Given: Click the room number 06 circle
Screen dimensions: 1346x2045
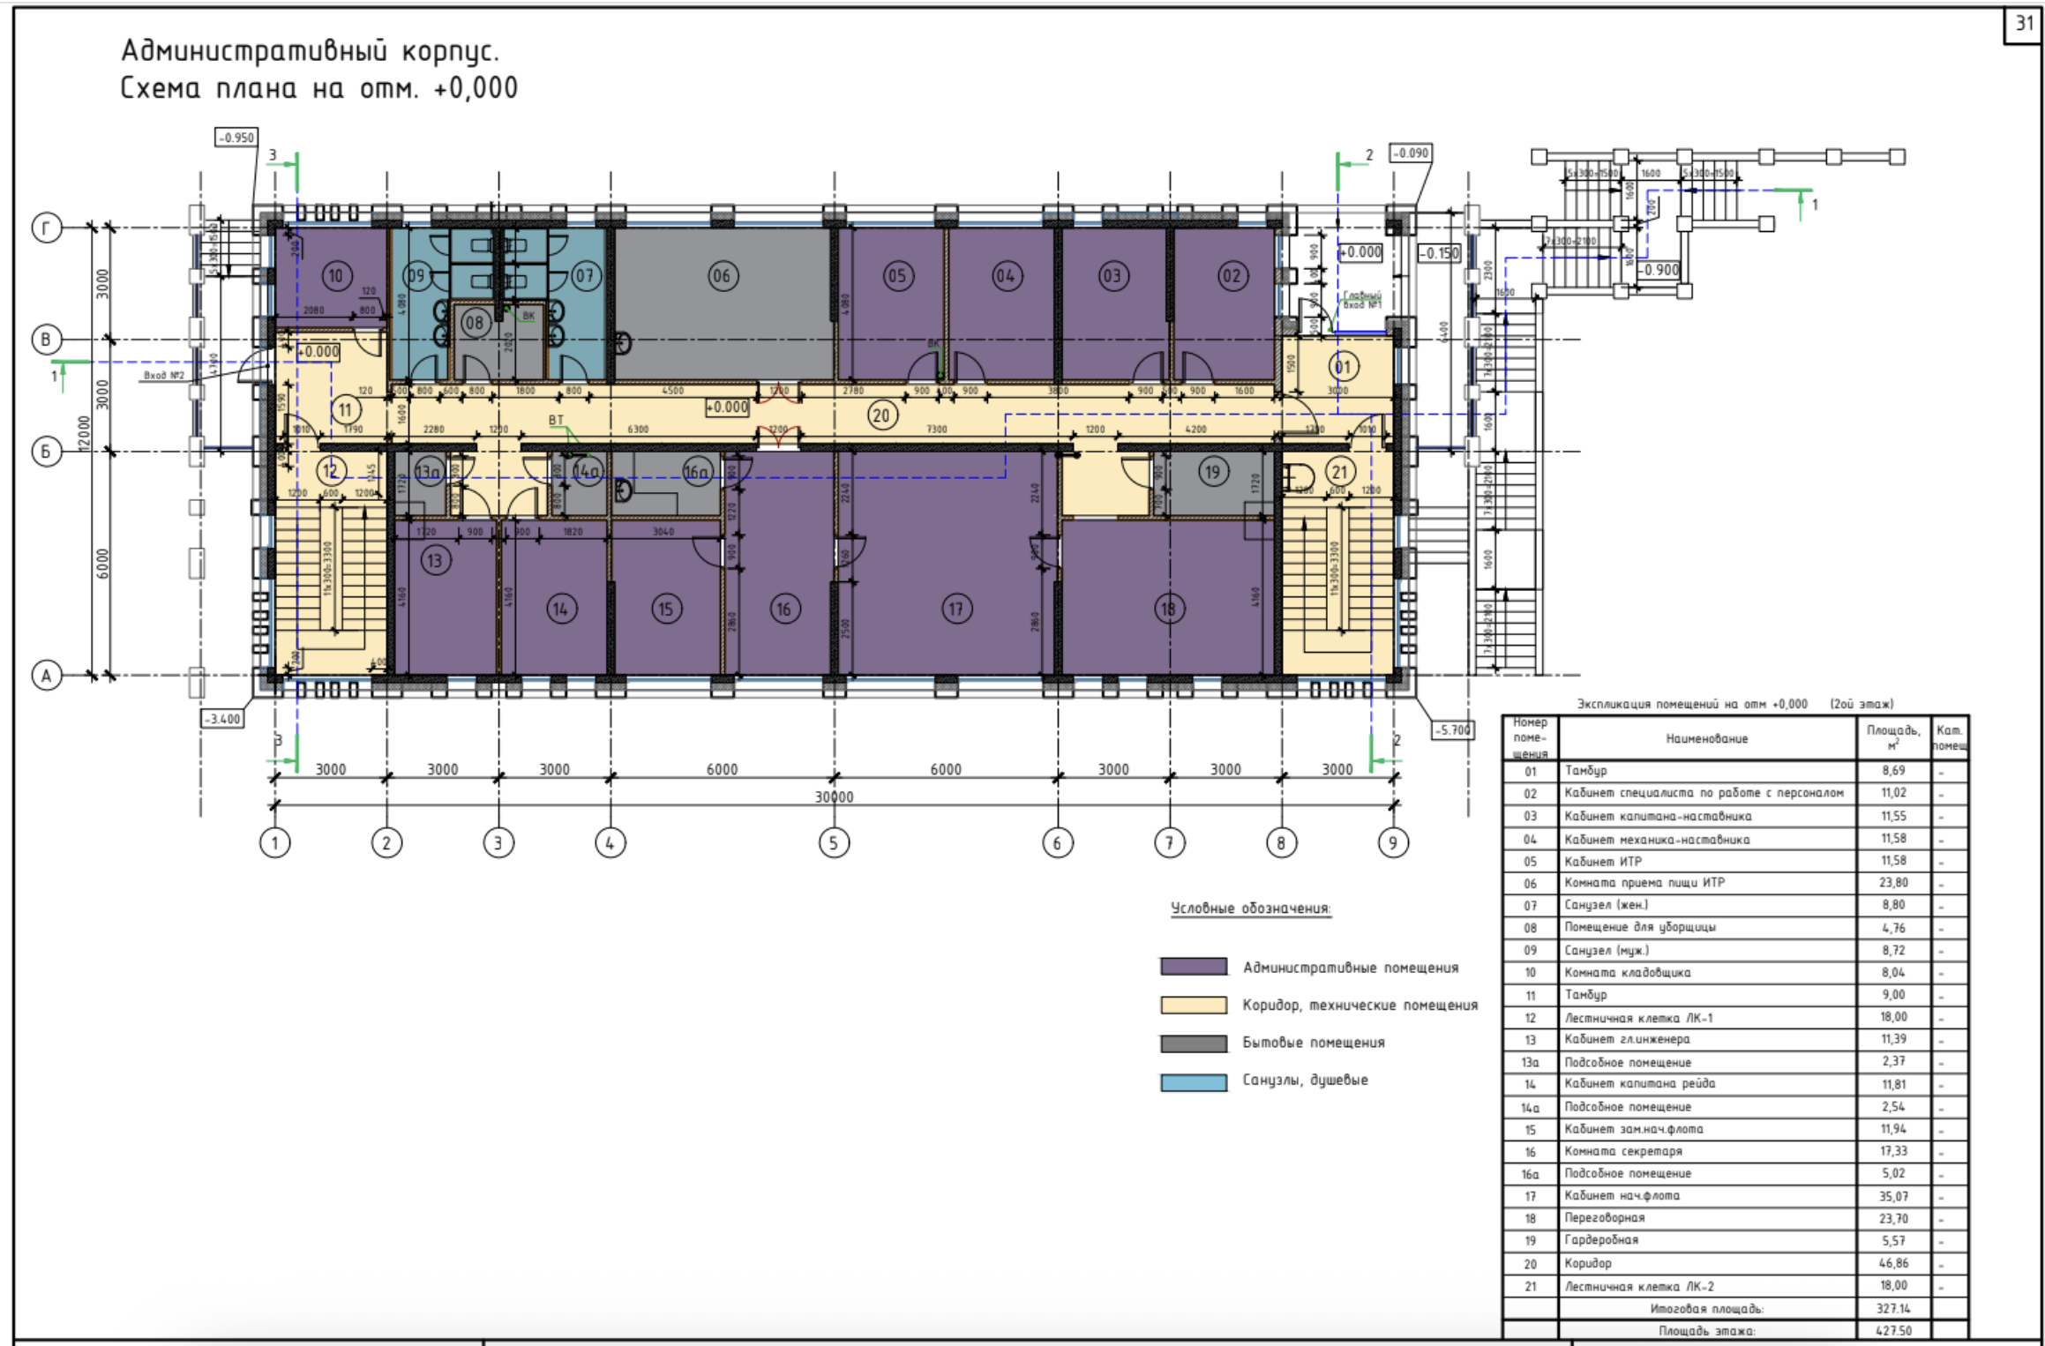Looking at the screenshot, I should click(x=722, y=276).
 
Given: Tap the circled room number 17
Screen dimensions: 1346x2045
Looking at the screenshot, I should click(x=956, y=608).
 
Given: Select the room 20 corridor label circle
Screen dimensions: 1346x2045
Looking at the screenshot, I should click(x=880, y=415).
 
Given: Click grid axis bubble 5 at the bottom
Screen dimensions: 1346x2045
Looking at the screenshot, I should click(x=834, y=842).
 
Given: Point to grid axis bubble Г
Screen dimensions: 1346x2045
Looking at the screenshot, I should click(x=47, y=228).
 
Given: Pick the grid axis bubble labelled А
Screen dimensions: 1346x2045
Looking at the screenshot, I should click(x=47, y=676).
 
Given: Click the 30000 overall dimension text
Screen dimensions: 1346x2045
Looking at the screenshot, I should click(x=834, y=796).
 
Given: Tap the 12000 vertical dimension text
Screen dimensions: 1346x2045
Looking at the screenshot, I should click(x=84, y=433).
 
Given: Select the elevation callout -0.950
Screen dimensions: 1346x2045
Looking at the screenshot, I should click(x=236, y=138).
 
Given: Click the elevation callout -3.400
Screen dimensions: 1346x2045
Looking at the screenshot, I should click(x=222, y=719).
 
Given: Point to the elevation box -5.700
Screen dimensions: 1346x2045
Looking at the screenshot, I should click(x=1452, y=730).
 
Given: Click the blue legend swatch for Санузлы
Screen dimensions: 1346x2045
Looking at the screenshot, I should click(x=1193, y=1081).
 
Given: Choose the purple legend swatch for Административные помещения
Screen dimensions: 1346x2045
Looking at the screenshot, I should click(x=1193, y=967).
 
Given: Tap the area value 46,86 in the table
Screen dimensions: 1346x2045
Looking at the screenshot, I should click(x=1893, y=1263).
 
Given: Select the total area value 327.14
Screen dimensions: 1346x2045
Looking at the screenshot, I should click(x=1893, y=1309).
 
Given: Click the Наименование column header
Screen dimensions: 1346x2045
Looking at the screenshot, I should click(x=1706, y=738).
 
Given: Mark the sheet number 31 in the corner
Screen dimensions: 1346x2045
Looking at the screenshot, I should click(x=2024, y=23).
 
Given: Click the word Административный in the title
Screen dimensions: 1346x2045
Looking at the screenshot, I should click(x=254, y=51).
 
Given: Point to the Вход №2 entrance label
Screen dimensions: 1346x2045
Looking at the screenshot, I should click(x=164, y=376).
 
